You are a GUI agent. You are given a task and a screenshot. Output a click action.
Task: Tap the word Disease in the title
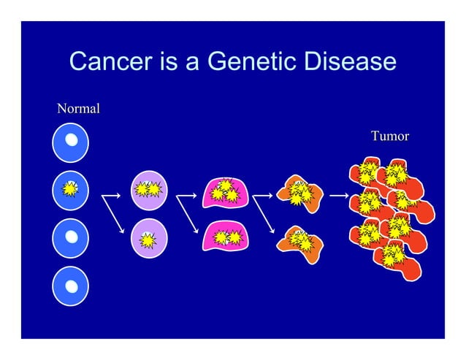(348, 62)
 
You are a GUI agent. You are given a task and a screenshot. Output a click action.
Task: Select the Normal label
(78, 110)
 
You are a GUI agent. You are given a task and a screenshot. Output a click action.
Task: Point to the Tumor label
(389, 136)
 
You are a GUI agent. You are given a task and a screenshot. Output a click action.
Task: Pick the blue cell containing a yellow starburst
(70, 189)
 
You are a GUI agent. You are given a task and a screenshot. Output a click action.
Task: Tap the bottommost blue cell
(70, 287)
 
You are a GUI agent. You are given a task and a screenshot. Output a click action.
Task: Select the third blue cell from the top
(70, 238)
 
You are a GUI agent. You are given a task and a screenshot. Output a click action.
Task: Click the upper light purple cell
(149, 189)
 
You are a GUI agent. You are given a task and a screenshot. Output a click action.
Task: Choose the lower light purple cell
(149, 238)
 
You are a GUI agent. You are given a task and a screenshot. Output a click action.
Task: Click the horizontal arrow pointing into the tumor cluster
(337, 196)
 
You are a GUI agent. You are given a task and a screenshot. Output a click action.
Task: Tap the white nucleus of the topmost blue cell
(71, 139)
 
